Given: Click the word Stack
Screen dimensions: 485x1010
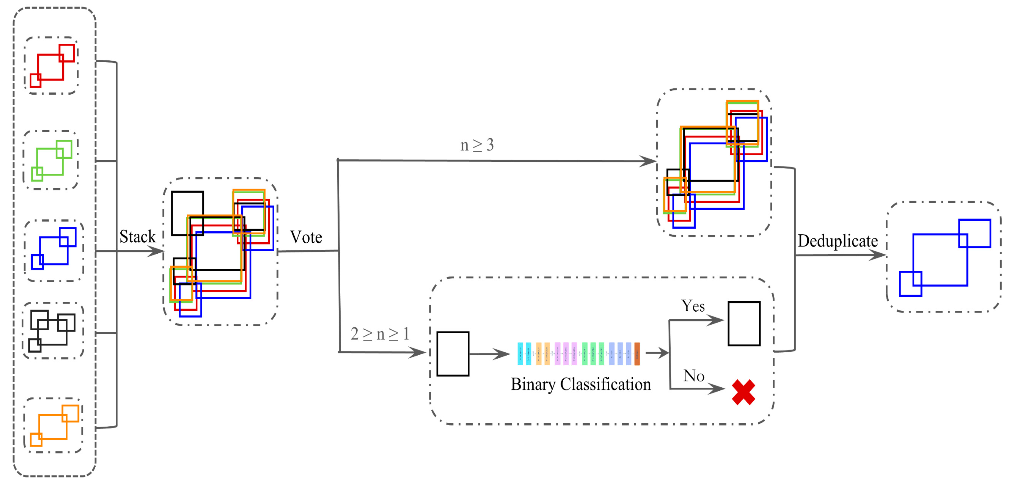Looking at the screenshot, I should [x=137, y=237].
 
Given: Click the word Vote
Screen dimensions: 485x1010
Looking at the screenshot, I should [x=306, y=237].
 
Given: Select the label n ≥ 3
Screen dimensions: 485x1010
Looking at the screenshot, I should [x=477, y=145].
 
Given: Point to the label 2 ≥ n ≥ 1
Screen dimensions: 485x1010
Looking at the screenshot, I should [x=379, y=334].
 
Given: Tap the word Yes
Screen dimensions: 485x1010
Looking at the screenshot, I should [x=693, y=306].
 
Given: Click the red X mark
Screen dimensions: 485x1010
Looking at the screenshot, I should [x=743, y=392].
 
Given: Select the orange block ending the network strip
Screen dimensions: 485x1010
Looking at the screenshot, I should [x=637, y=354].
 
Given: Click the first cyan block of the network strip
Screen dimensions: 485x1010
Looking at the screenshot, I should [x=520, y=354].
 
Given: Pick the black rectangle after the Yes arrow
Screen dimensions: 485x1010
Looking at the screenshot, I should [x=744, y=324].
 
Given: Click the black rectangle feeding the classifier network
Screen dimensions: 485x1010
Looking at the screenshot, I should [x=453, y=354].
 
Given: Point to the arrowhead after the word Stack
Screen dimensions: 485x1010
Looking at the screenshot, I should [x=157, y=251].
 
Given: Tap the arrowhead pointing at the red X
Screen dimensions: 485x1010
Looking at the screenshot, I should [x=718, y=389].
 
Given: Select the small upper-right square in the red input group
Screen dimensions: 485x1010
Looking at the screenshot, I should [x=67, y=53].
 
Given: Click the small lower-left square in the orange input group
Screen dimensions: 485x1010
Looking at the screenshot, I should [x=36, y=440].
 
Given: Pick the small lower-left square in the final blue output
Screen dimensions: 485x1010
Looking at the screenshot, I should [x=910, y=284].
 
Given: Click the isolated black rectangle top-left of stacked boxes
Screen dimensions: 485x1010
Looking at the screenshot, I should [x=187, y=213].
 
